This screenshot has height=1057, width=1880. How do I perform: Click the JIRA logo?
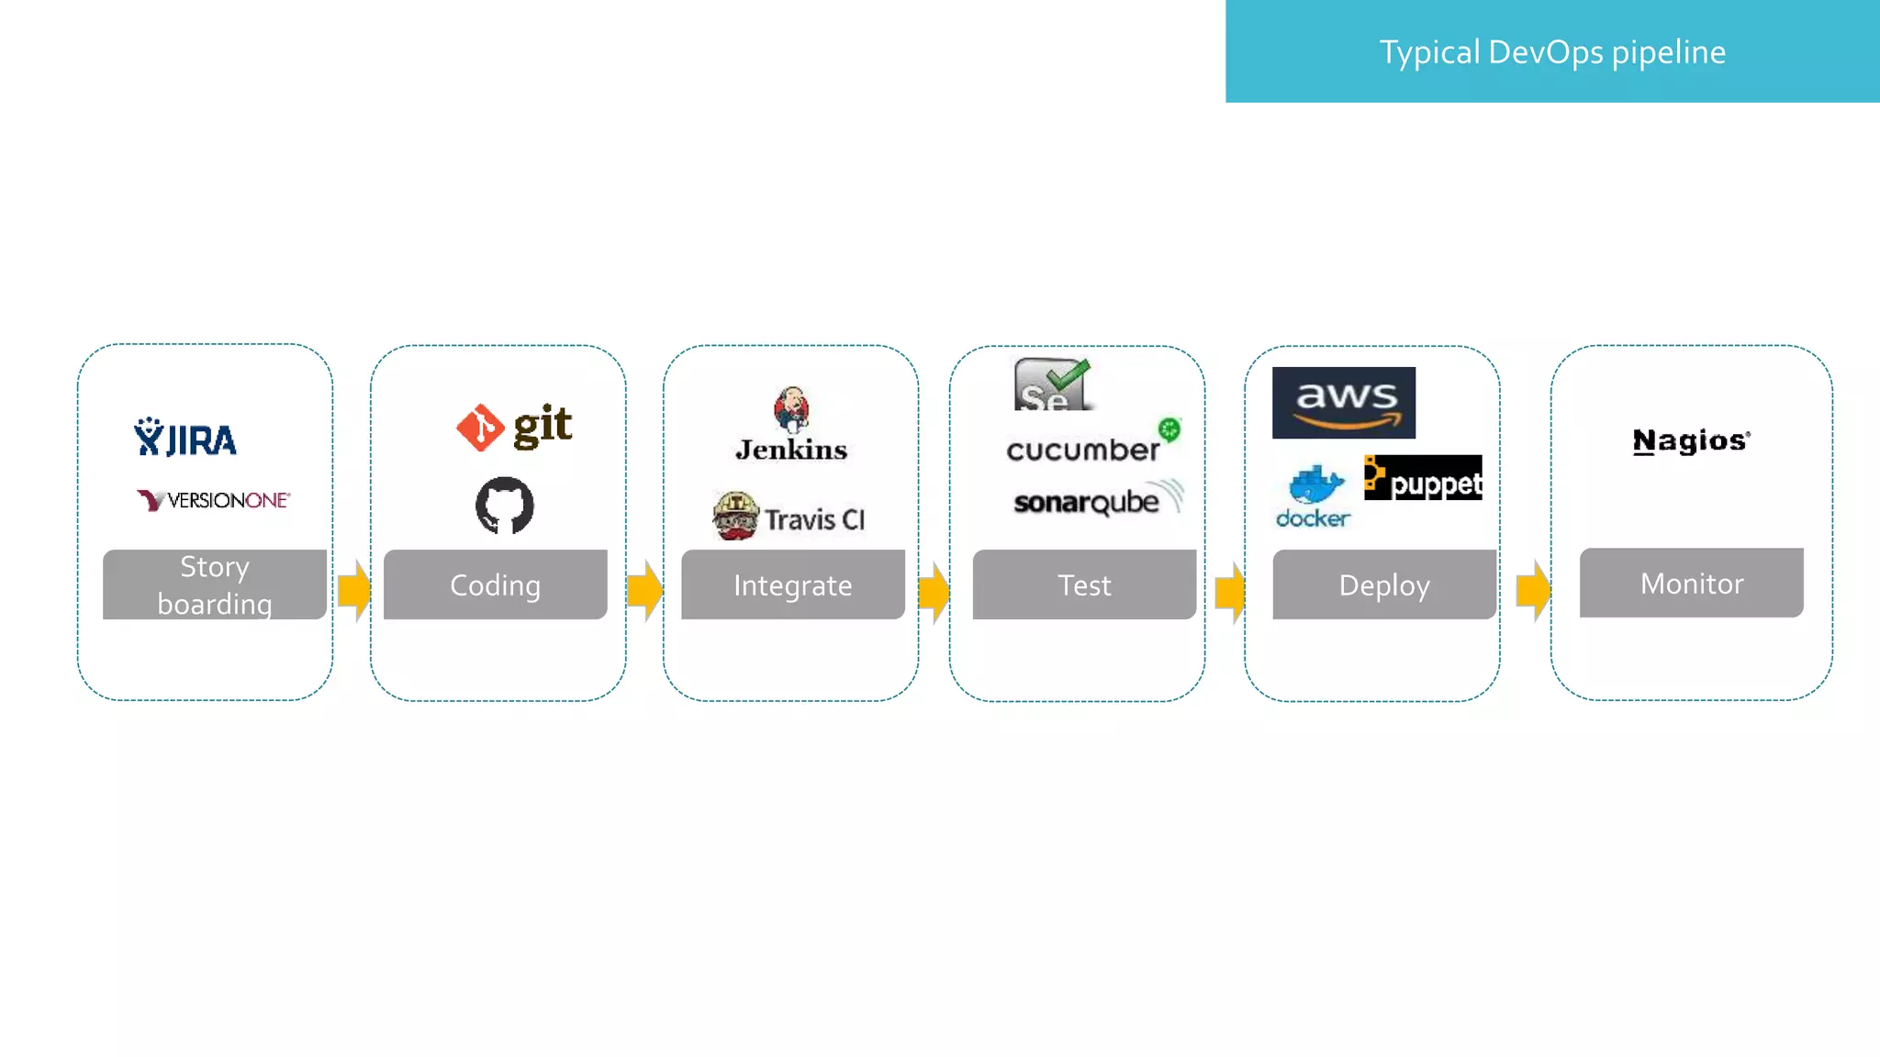pos(185,439)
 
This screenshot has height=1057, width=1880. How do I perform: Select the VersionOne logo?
pos(213,500)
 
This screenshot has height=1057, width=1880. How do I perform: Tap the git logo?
pos(515,427)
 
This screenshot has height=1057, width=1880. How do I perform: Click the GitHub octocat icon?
pos(504,505)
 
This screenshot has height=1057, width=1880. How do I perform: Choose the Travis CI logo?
pos(789,517)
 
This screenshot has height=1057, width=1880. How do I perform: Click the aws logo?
pos(1343,403)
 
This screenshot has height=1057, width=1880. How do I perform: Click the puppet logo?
pos(1422,478)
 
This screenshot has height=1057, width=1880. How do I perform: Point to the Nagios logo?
pos(1691,441)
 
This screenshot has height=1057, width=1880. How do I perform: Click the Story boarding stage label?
pos(215,584)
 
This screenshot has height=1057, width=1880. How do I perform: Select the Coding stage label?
pos(496,584)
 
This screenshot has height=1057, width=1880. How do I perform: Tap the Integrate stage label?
pos(793,584)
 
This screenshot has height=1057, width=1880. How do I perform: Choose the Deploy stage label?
pos(1384,584)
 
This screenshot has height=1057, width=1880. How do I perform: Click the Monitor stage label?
pos(1692,583)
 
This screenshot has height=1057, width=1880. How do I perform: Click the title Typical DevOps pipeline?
pos(1552,52)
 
